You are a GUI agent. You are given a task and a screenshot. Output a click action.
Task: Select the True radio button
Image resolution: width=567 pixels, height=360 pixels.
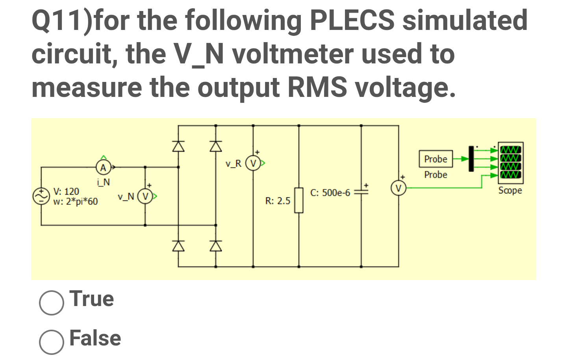click(x=51, y=302)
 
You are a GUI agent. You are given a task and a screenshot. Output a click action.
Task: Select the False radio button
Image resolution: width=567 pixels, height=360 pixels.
click(x=51, y=342)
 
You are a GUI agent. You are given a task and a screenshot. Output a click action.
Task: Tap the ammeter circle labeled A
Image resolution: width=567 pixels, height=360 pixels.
click(x=103, y=167)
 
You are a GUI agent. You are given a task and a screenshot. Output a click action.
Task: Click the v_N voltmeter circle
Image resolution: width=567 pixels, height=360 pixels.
click(x=145, y=196)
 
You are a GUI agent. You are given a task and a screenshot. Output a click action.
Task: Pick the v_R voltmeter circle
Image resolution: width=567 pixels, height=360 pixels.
click(x=253, y=163)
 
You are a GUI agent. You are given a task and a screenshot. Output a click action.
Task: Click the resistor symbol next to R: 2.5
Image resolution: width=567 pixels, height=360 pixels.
click(x=299, y=200)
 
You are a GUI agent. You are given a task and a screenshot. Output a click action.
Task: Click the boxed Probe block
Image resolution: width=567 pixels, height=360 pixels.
click(x=435, y=159)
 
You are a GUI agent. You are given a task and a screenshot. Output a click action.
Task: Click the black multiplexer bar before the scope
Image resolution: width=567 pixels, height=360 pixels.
click(x=471, y=158)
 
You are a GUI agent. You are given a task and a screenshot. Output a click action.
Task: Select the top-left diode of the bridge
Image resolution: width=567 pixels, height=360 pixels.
click(x=178, y=146)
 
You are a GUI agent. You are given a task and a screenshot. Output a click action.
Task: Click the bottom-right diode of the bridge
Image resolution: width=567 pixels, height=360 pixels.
click(x=215, y=246)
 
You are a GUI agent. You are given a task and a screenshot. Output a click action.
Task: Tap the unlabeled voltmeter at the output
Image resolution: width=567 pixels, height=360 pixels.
click(x=398, y=188)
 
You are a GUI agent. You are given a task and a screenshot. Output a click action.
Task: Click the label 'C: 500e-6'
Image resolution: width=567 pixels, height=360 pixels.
click(x=330, y=193)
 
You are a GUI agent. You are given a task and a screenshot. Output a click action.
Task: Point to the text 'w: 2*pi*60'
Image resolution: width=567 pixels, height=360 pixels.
click(x=76, y=202)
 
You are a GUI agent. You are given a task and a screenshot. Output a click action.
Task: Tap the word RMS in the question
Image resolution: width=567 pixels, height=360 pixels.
click(x=317, y=87)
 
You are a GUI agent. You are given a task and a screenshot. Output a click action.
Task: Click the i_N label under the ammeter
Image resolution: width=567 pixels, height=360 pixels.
click(x=103, y=182)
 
